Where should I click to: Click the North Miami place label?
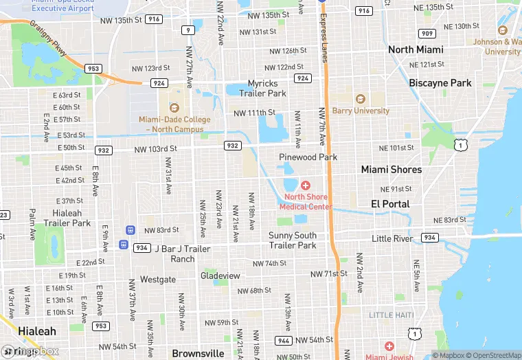coord(416,49)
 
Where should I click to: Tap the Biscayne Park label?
coord(440,83)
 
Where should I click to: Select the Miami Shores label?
coord(391,170)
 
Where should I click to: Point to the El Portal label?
coord(390,204)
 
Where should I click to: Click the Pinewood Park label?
coord(308,157)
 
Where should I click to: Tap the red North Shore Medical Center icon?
coord(306,185)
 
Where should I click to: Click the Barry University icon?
coord(360,99)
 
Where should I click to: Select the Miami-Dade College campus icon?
coord(174,107)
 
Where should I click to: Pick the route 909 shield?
coord(427,34)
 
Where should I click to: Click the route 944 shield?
coord(283,341)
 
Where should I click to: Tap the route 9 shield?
coord(188,30)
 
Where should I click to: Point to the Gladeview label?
coord(220,275)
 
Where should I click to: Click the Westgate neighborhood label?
coord(157,280)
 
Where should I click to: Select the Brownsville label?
coord(198,353)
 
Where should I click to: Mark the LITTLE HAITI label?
coord(391,315)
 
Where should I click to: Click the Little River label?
coord(392,238)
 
